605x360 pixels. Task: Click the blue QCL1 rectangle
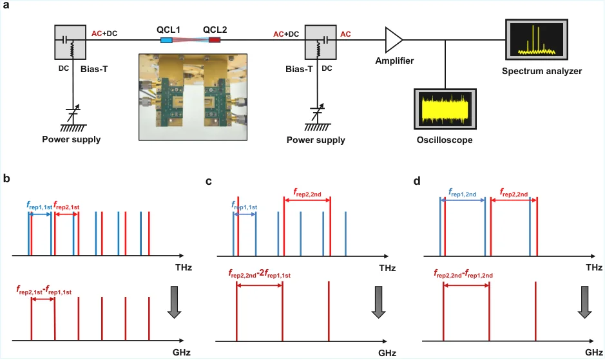166,40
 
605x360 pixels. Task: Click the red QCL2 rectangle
215,40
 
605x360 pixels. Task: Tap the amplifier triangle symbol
394,40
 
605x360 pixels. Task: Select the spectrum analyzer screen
537,39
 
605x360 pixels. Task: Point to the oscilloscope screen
445,109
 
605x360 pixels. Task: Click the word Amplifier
394,61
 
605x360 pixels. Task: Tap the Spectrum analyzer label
542,71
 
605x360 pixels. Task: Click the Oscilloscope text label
445,140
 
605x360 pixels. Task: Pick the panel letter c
209,181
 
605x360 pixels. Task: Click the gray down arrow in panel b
175,302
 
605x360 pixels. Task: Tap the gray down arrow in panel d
585,302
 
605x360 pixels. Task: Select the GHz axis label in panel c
387,353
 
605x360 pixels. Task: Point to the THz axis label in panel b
183,267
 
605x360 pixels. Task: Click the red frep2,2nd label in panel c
307,193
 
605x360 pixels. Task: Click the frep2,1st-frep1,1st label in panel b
44,290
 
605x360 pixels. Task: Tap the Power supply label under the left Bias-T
72,139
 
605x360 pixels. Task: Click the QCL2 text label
215,30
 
